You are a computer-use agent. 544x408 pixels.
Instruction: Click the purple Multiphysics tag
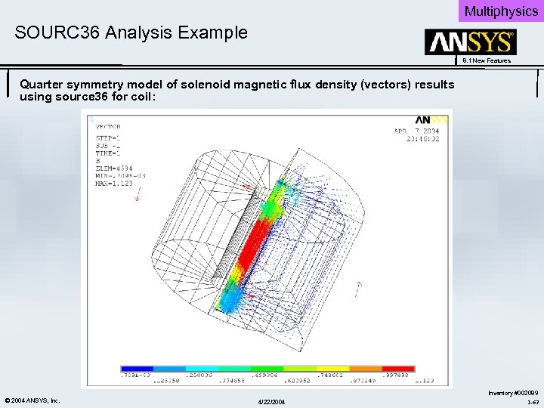[x=501, y=11]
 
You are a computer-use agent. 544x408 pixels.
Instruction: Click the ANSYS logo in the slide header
[x=470, y=42]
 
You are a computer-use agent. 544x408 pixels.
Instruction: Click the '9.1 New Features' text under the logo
[x=487, y=60]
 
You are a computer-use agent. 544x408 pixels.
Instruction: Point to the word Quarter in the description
[x=42, y=85]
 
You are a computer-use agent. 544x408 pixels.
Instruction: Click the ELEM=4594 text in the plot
[x=113, y=168]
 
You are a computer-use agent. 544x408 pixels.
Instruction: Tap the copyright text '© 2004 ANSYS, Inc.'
[x=32, y=400]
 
